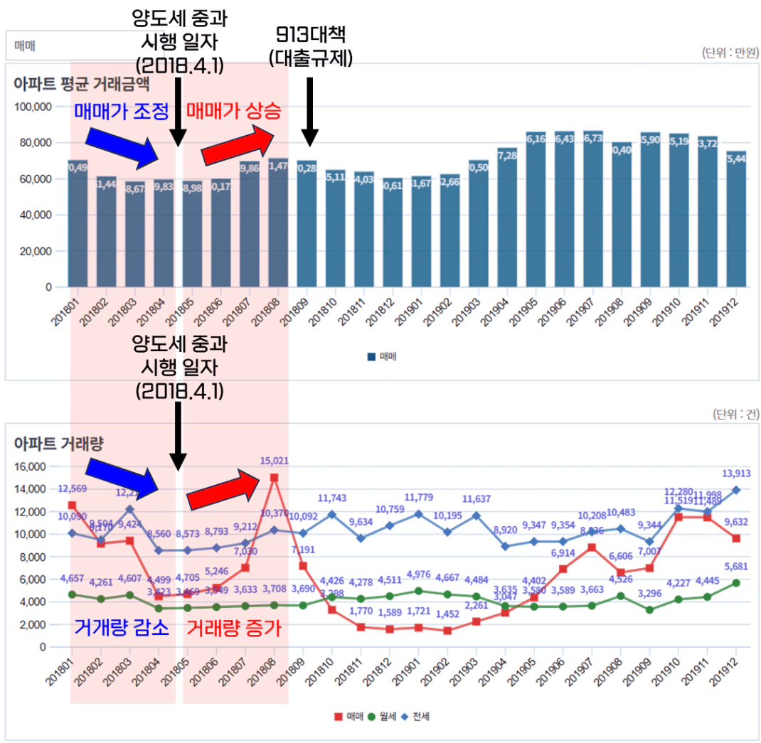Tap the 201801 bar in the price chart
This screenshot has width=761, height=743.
click(78, 224)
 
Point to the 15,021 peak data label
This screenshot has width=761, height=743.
click(275, 461)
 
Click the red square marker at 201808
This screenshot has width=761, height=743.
click(275, 477)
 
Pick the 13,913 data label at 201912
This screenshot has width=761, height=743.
click(736, 474)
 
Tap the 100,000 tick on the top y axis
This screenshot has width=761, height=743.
click(33, 107)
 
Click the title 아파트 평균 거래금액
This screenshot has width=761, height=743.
click(82, 84)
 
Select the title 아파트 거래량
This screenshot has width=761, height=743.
click(59, 444)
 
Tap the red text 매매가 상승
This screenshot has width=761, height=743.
click(234, 111)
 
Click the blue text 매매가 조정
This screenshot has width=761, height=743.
click(121, 111)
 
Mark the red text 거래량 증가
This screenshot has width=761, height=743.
click(234, 628)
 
